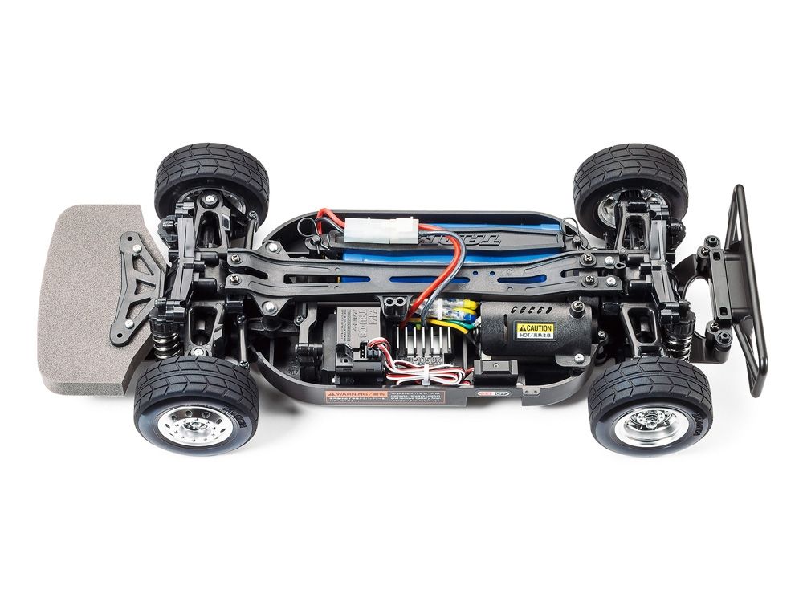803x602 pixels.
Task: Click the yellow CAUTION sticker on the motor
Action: pyautogui.click(x=534, y=329)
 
